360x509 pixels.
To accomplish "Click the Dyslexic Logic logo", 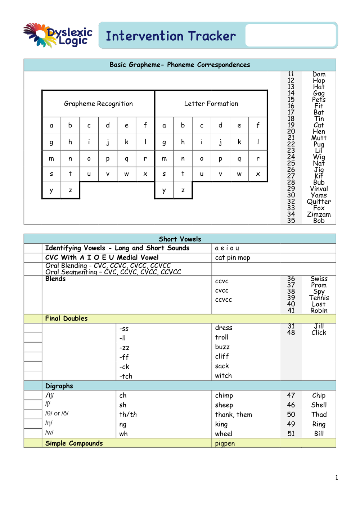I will [58, 36].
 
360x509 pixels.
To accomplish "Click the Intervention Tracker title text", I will [171, 36].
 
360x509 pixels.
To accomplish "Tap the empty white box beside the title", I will [291, 35].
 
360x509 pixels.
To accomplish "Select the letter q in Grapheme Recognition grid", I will [127, 158].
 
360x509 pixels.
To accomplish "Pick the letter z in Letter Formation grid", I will [183, 190].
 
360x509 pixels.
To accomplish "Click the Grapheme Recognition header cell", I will [98, 104].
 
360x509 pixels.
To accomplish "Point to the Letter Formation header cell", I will [211, 104].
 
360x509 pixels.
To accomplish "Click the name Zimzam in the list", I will [319, 214].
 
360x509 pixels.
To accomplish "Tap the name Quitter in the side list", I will [319, 202].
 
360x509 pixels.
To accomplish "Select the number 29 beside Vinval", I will [291, 189].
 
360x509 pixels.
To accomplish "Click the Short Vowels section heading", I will [180, 239].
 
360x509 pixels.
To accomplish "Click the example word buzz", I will [222, 347].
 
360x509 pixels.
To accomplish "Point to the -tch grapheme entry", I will [126, 376].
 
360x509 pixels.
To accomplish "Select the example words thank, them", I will [233, 415].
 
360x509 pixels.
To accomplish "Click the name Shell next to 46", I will [319, 405].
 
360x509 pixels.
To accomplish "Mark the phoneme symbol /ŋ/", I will [49, 423].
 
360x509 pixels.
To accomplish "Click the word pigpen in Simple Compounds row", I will [225, 443].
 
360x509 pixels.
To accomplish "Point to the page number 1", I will [337, 478].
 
